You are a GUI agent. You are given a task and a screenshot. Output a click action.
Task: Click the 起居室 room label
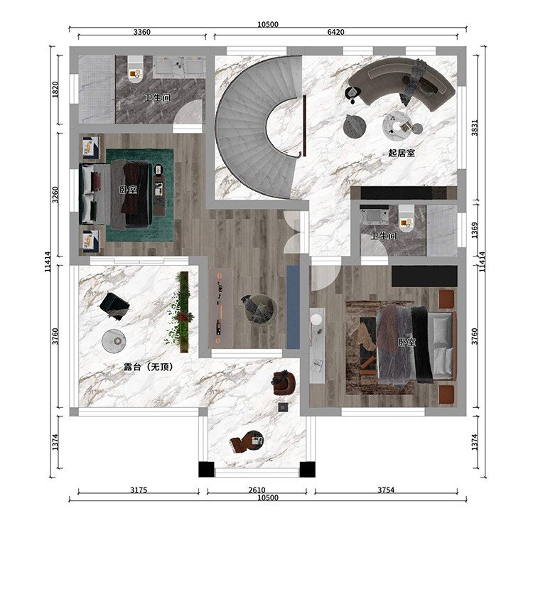[402, 153]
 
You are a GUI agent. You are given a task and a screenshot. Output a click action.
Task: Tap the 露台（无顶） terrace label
[148, 367]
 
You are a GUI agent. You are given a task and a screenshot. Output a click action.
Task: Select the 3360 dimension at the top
[142, 32]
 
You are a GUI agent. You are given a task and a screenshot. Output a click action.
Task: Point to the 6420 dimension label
[335, 32]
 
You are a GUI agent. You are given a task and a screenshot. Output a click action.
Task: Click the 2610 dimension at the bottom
[257, 490]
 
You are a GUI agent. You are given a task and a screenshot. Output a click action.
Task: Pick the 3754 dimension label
[386, 490]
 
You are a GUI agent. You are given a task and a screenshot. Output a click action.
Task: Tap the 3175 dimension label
[139, 490]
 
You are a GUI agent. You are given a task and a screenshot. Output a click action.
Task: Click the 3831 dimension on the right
[475, 127]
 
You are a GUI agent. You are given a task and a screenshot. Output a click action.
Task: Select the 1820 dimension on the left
[55, 90]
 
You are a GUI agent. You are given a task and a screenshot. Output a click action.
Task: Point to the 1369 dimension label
[475, 230]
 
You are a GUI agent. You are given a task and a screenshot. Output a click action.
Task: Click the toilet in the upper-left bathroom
[136, 70]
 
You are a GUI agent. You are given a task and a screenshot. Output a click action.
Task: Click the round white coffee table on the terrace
[114, 341]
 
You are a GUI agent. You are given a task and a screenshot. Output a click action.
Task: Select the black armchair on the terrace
[114, 306]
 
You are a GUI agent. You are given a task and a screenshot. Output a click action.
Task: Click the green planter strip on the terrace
[184, 312]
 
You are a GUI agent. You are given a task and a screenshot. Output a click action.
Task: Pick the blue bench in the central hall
[293, 307]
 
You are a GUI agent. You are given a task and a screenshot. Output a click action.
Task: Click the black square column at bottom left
[206, 469]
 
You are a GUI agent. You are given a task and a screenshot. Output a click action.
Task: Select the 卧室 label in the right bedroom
[407, 343]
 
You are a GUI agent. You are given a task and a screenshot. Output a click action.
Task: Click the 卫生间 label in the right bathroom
[384, 236]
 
